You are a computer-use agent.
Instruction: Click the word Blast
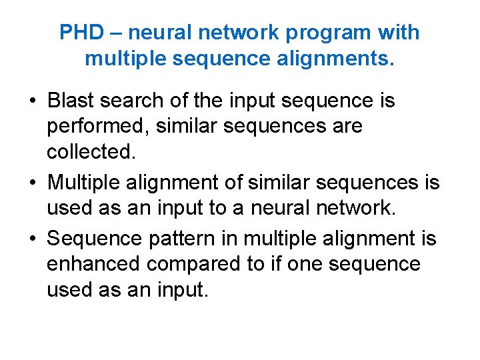tap(71, 101)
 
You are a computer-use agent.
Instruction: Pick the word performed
tap(91, 127)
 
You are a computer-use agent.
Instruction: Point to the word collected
tap(91, 151)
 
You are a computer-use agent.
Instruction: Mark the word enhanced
tap(93, 265)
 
